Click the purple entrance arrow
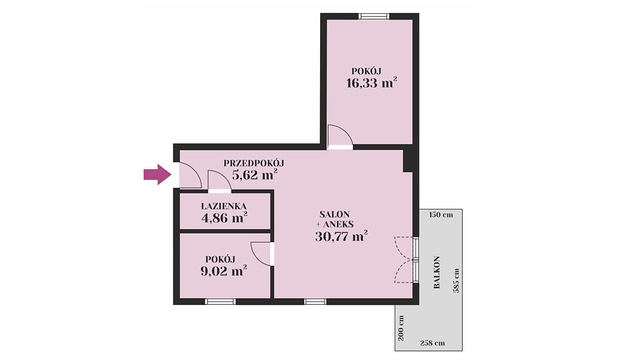pyautogui.click(x=157, y=174)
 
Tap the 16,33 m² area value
pyautogui.click(x=371, y=83)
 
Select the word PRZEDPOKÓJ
pyautogui.click(x=254, y=163)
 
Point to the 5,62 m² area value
pyautogui.click(x=254, y=174)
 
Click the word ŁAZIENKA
pyautogui.click(x=223, y=206)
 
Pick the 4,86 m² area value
pyautogui.click(x=225, y=218)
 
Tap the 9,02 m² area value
pyautogui.click(x=223, y=270)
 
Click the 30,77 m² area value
pyautogui.click(x=341, y=236)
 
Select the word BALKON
pyautogui.click(x=437, y=273)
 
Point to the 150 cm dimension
pyautogui.click(x=441, y=215)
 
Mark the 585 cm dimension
pyautogui.click(x=457, y=281)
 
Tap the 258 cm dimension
pyautogui.click(x=433, y=343)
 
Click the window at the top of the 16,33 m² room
pyautogui.click(x=374, y=17)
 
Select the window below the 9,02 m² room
pyautogui.click(x=220, y=302)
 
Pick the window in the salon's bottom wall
pyautogui.click(x=315, y=302)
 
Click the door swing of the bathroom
pyautogui.click(x=219, y=180)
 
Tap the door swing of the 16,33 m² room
pyautogui.click(x=340, y=135)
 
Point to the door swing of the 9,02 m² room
pyautogui.click(x=261, y=254)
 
